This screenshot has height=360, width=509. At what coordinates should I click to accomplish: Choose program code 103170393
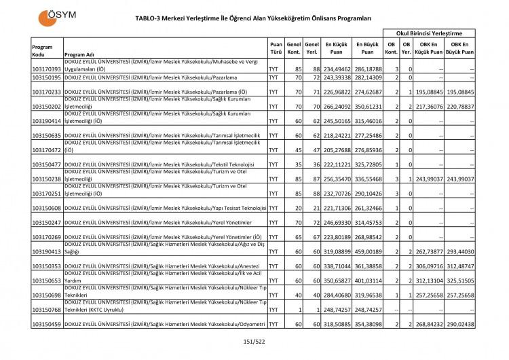coord(46,69)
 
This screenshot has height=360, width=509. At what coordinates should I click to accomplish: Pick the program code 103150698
coord(46,295)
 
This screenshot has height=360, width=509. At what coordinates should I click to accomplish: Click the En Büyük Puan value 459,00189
coord(367,251)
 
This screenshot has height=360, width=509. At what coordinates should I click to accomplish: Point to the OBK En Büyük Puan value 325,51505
coord(458,281)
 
